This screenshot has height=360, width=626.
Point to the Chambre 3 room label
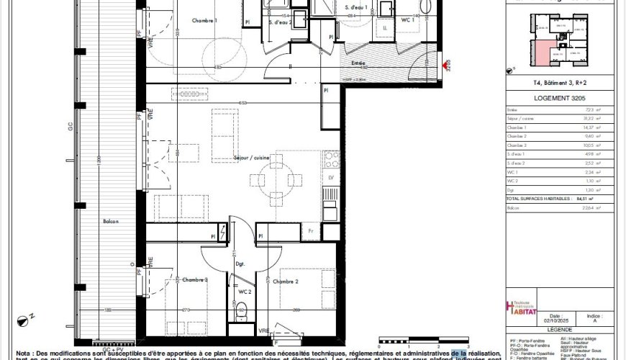[195, 279]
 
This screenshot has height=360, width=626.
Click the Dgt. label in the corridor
[240, 264]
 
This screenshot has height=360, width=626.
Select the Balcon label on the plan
[110, 221]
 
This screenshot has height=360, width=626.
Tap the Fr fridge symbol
[311, 230]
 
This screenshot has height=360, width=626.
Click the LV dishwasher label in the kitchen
[330, 176]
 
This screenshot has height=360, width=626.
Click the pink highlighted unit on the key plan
[542, 51]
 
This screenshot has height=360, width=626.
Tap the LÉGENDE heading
[558, 330]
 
